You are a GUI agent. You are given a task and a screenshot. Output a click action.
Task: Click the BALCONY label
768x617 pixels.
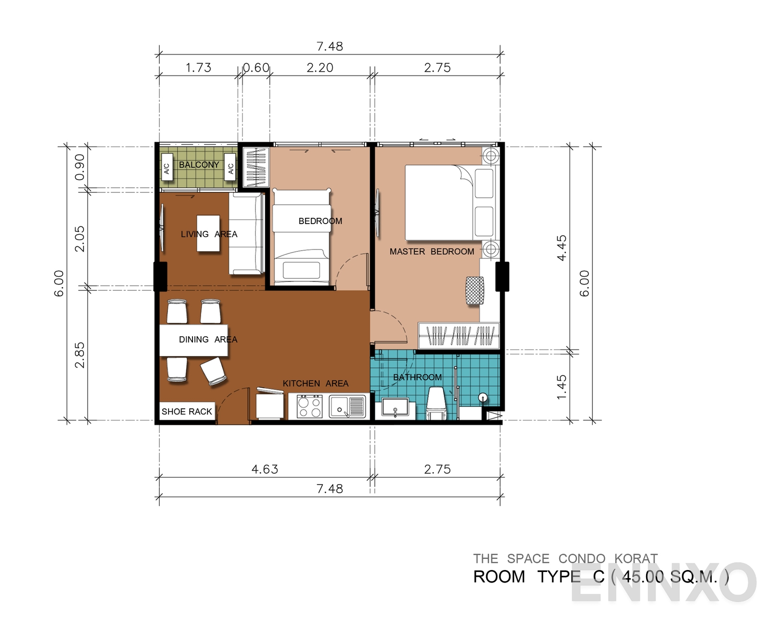click(x=199, y=165)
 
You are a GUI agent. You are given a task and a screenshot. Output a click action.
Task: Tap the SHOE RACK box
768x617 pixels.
click(x=187, y=411)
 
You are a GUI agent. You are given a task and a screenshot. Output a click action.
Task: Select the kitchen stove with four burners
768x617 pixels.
click(x=310, y=406)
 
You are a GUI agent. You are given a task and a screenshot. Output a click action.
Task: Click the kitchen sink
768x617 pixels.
click(x=347, y=406)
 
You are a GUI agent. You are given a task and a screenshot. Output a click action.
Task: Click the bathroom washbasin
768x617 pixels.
click(x=395, y=408)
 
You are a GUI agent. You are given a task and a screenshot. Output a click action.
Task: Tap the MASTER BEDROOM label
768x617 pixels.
click(x=432, y=251)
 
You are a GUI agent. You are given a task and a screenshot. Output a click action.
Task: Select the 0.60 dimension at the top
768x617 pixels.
click(x=256, y=68)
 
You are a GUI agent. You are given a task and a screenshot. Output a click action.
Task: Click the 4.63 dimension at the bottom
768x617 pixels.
click(x=264, y=469)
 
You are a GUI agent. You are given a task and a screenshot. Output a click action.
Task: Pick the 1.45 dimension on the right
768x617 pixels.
click(x=561, y=386)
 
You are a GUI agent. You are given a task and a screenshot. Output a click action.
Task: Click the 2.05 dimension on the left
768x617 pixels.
click(x=80, y=238)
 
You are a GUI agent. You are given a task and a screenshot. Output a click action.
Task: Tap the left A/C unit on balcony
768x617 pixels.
click(x=167, y=167)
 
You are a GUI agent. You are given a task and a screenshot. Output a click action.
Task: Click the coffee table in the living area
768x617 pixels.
click(x=208, y=233)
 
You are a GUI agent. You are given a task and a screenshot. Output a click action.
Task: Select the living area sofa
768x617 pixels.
click(x=246, y=233)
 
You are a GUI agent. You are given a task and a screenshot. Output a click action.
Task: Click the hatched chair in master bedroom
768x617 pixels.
click(x=475, y=290)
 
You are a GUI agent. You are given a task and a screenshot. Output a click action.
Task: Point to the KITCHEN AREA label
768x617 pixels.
click(x=315, y=383)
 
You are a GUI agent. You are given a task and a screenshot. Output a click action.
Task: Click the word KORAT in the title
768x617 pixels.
click(x=636, y=558)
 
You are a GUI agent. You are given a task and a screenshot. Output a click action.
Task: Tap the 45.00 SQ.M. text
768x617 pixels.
click(x=670, y=576)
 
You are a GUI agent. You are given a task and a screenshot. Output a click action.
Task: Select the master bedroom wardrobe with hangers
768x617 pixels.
click(x=458, y=335)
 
